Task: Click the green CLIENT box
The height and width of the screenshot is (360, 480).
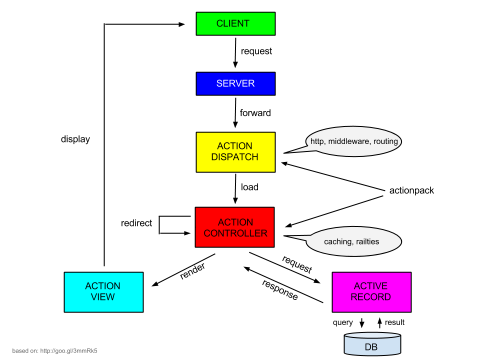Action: pos(235,23)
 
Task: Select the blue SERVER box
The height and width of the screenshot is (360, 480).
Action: pos(235,83)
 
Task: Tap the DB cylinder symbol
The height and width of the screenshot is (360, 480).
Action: pos(372,344)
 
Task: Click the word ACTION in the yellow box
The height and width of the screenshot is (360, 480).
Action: pos(234,146)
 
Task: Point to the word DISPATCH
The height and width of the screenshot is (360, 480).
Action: pos(234,157)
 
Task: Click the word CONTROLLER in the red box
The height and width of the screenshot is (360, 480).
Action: pos(235,233)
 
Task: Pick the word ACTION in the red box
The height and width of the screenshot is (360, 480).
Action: pos(235,222)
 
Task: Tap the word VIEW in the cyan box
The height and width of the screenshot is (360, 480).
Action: pos(102,297)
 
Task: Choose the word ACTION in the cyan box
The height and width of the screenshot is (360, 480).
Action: pos(102,286)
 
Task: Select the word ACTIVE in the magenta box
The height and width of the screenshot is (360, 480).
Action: pos(370,286)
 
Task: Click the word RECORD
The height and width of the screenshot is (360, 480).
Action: pos(370,297)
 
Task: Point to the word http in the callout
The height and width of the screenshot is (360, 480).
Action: pos(316,141)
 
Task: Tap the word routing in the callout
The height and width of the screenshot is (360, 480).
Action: pos(385,141)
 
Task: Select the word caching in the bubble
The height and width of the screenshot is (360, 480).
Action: pos(337,242)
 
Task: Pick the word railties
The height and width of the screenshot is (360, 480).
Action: pos(366,242)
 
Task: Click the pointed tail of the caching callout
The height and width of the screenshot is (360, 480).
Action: pos(292,237)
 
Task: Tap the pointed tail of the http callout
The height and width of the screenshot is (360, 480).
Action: pos(292,151)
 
